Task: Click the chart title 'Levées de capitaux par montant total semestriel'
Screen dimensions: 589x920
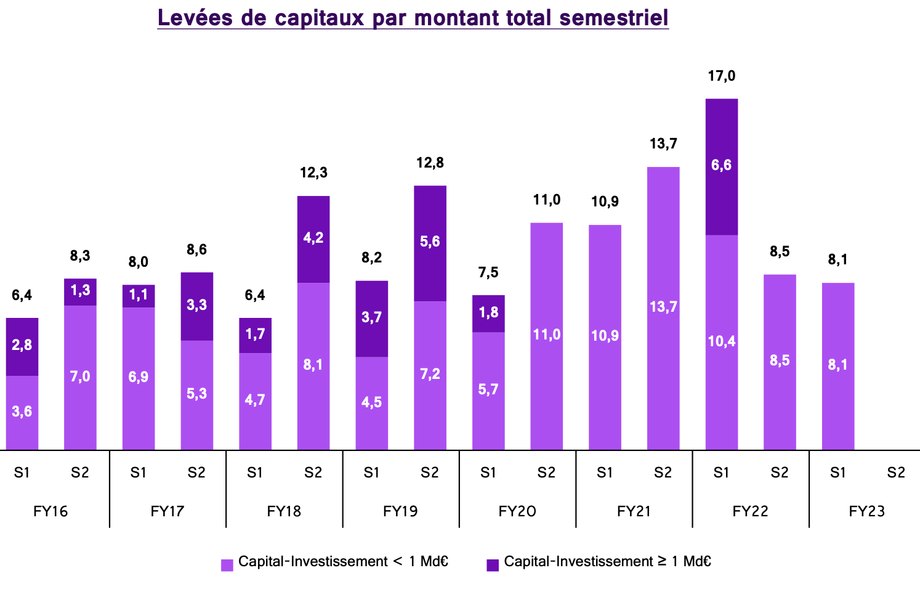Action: pyautogui.click(x=413, y=18)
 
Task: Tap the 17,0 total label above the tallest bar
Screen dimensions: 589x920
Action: pyautogui.click(x=721, y=76)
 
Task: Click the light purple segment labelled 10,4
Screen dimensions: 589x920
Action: pyautogui.click(x=721, y=342)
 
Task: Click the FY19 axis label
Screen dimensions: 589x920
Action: pyautogui.click(x=400, y=511)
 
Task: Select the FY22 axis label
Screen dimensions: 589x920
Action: pyautogui.click(x=750, y=511)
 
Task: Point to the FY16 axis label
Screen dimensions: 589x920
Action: pyautogui.click(x=50, y=511)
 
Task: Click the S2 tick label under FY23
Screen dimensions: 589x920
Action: pyautogui.click(x=896, y=473)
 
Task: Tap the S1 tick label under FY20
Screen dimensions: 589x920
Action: pyautogui.click(x=488, y=473)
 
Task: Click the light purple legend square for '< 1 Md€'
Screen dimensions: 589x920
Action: pyautogui.click(x=227, y=565)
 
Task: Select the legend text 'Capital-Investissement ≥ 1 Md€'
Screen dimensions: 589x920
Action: pyautogui.click(x=607, y=562)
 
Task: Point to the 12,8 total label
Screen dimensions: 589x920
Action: pyautogui.click(x=430, y=163)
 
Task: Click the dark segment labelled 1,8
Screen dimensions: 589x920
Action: pyautogui.click(x=488, y=313)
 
